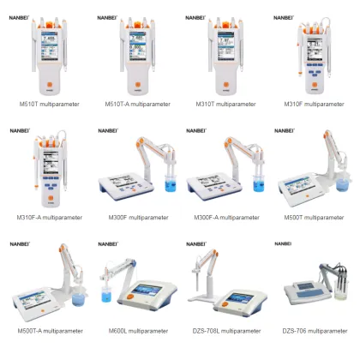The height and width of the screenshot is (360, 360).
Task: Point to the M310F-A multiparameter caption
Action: click(x=50, y=217)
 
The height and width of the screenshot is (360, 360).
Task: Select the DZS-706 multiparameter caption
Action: click(x=315, y=330)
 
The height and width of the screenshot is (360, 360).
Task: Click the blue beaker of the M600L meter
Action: click(x=107, y=296)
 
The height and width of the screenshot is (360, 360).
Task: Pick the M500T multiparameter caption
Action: click(x=315, y=217)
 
